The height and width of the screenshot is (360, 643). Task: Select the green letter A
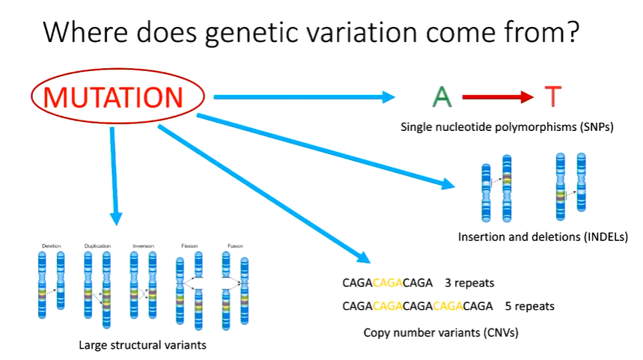[442, 97]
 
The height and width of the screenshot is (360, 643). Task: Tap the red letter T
[552, 97]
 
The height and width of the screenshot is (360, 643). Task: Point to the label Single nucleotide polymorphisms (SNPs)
[508, 127]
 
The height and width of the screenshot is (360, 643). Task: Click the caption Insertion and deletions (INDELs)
[542, 237]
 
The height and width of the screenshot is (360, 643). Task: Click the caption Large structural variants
[141, 345]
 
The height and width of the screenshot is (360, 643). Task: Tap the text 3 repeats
[469, 283]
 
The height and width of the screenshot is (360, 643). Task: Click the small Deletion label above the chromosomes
[52, 245]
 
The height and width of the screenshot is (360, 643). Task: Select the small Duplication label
[98, 245]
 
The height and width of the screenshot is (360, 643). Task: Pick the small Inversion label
[143, 245]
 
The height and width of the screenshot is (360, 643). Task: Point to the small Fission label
[189, 245]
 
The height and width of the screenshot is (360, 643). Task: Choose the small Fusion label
[235, 245]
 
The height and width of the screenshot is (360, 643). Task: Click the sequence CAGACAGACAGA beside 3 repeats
[387, 283]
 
